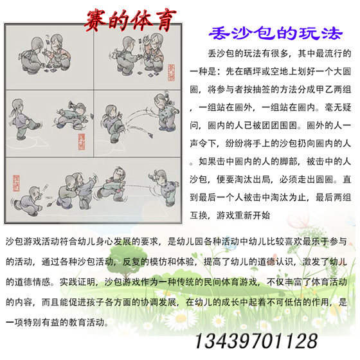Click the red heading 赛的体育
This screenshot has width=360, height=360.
[130, 20]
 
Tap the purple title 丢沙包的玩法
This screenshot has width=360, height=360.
[276, 33]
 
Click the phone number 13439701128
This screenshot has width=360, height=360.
[256, 341]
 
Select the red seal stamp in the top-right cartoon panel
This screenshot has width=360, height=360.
[171, 72]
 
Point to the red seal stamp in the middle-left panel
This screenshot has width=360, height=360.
[82, 141]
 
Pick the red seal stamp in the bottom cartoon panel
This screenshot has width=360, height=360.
[16, 183]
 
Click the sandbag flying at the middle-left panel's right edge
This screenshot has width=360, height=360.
[92, 116]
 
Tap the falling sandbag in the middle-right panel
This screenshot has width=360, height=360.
[150, 135]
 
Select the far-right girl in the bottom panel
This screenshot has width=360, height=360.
[166, 187]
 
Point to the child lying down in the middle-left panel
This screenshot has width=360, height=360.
[71, 115]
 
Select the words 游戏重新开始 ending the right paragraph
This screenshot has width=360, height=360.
[243, 215]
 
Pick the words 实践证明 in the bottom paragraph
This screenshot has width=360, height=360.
[78, 282]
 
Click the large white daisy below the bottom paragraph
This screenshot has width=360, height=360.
[181, 319]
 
